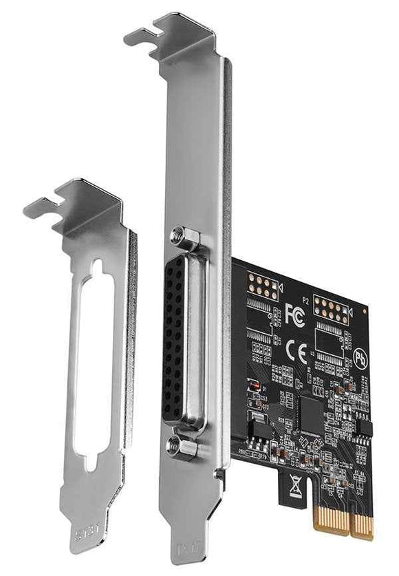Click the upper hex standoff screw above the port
[184, 238]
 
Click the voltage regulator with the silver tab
[255, 431]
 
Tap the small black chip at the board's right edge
[362, 429]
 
